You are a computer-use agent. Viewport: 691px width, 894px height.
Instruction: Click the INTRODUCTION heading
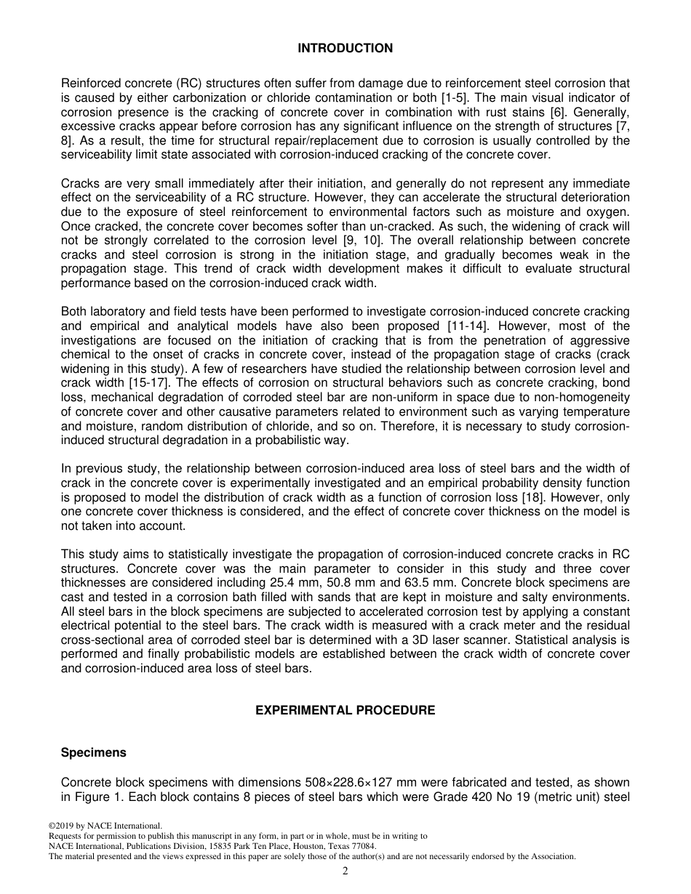pyautogui.click(x=345, y=49)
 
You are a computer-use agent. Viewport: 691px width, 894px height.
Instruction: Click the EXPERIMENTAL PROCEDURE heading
pyautogui.click(x=345, y=710)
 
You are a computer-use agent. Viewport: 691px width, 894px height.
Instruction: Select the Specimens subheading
pyautogui.click(x=93, y=753)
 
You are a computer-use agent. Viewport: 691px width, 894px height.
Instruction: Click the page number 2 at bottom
pyautogui.click(x=345, y=871)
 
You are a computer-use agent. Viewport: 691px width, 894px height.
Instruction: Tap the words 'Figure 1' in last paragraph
pyautogui.click(x=94, y=797)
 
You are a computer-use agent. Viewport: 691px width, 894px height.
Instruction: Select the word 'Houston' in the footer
pyautogui.click(x=300, y=846)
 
